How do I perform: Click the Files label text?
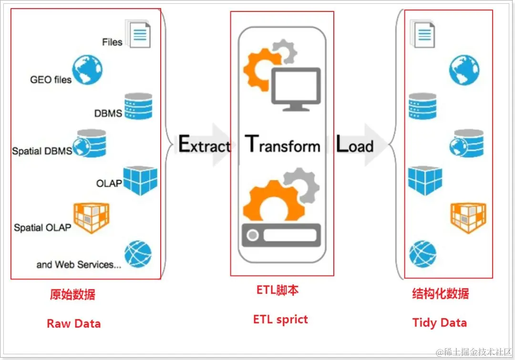112,42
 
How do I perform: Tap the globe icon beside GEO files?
87,70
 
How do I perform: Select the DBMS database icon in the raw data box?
138,106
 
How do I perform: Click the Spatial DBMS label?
42,151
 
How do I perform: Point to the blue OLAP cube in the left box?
140,181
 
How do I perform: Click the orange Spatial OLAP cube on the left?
91,217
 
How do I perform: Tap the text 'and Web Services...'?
79,265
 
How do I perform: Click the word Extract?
204,144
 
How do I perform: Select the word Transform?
282,144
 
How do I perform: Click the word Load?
355,144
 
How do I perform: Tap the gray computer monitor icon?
296,86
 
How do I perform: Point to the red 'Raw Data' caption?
73,324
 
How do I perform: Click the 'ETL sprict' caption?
280,319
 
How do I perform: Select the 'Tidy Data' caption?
439,323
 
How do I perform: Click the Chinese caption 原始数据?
72,294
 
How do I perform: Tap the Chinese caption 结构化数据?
440,293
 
